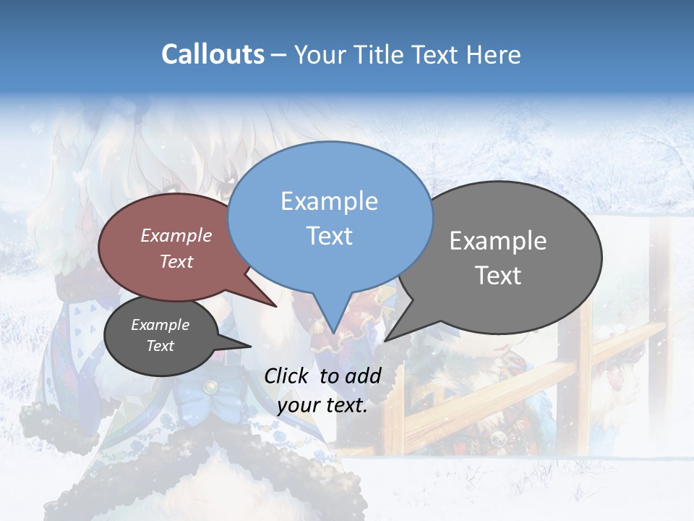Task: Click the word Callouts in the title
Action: [x=213, y=54]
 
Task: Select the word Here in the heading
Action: [x=492, y=54]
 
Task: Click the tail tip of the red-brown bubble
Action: [x=276, y=306]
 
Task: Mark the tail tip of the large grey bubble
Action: [x=385, y=340]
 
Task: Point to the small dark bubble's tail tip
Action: [x=250, y=346]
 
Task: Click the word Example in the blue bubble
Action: [x=330, y=201]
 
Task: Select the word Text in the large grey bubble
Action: [x=498, y=276]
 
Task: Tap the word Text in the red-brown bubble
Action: [x=176, y=262]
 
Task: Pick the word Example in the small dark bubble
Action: [x=160, y=325]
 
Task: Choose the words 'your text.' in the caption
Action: [x=322, y=405]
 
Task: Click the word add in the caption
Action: [x=363, y=376]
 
